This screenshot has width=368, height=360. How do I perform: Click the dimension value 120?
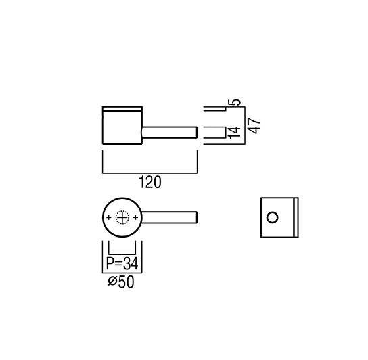click(x=150, y=182)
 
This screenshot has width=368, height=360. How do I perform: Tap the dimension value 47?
click(x=254, y=126)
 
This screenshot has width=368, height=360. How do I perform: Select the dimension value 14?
click(x=235, y=133)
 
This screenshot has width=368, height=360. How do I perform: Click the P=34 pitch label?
click(x=122, y=263)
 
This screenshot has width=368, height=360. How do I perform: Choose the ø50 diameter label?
click(x=121, y=282)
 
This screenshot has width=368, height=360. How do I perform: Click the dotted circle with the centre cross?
click(x=122, y=218)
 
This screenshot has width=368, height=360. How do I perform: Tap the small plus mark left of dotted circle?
click(x=108, y=218)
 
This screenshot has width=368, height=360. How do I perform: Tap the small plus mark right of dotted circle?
click(x=135, y=218)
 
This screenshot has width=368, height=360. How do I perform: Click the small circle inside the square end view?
click(x=272, y=217)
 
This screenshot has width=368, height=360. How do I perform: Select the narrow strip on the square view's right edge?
click(x=296, y=217)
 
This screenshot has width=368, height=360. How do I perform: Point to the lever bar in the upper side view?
click(x=169, y=132)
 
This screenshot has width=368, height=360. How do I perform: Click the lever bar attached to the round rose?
click(x=169, y=217)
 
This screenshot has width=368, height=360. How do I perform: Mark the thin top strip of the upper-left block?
click(x=122, y=108)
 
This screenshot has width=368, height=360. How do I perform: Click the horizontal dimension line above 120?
click(x=149, y=173)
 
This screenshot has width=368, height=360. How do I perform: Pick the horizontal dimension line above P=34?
click(x=122, y=254)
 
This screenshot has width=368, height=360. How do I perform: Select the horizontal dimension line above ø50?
click(x=122, y=273)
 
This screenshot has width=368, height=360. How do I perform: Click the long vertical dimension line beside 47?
click(x=245, y=125)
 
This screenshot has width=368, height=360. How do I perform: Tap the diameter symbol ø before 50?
click(x=112, y=282)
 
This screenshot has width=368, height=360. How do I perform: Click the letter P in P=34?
click(x=110, y=263)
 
